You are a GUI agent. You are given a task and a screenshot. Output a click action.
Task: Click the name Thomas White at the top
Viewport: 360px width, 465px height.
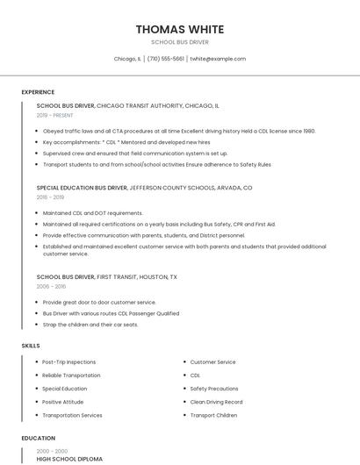pyautogui.click(x=179, y=29)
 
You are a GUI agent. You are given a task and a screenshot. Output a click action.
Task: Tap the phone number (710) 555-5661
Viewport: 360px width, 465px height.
pyautogui.click(x=165, y=59)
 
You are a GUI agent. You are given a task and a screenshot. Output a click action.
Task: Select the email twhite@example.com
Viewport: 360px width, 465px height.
pyautogui.click(x=218, y=59)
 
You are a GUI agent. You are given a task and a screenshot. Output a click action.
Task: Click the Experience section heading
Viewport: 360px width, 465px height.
pyautogui.click(x=38, y=92)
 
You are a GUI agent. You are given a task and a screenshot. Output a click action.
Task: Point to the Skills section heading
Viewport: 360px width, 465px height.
pyautogui.click(x=31, y=346)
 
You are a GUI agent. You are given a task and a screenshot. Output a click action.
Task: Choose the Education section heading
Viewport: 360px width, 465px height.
pyautogui.click(x=39, y=438)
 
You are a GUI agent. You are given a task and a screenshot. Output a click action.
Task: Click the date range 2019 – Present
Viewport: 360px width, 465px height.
pyautogui.click(x=54, y=115)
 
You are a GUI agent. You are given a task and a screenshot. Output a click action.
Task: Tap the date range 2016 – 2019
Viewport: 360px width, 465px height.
pyautogui.click(x=50, y=197)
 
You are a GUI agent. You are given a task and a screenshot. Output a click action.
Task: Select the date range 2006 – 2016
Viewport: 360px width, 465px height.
pyautogui.click(x=51, y=287)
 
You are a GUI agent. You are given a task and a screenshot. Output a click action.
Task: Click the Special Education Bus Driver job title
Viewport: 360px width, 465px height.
pyautogui.click(x=82, y=188)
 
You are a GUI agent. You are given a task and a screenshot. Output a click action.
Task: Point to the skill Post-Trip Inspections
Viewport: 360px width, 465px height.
pyautogui.click(x=68, y=361)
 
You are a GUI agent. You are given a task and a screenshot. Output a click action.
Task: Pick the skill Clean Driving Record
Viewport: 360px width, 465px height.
pyautogui.click(x=216, y=402)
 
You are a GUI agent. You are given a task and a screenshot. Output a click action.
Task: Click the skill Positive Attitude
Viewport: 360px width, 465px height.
pyautogui.click(x=63, y=402)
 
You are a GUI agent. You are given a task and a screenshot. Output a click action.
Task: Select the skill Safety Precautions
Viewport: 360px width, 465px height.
pyautogui.click(x=214, y=389)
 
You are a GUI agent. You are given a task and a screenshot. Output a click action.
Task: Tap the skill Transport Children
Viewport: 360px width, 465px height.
pyautogui.click(x=213, y=415)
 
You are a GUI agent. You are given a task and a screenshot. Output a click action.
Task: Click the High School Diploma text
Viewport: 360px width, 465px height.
pyautogui.click(x=69, y=459)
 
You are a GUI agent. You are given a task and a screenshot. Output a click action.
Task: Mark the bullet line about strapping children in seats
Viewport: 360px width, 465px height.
pyautogui.click(x=90, y=325)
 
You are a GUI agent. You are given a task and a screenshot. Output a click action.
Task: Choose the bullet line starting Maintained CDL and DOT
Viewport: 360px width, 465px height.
pyautogui.click(x=92, y=213)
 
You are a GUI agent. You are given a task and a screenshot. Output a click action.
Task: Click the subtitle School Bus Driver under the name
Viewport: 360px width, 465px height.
pyautogui.click(x=179, y=42)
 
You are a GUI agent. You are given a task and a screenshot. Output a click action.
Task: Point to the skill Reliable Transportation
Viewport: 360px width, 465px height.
pyautogui.click(x=71, y=376)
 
